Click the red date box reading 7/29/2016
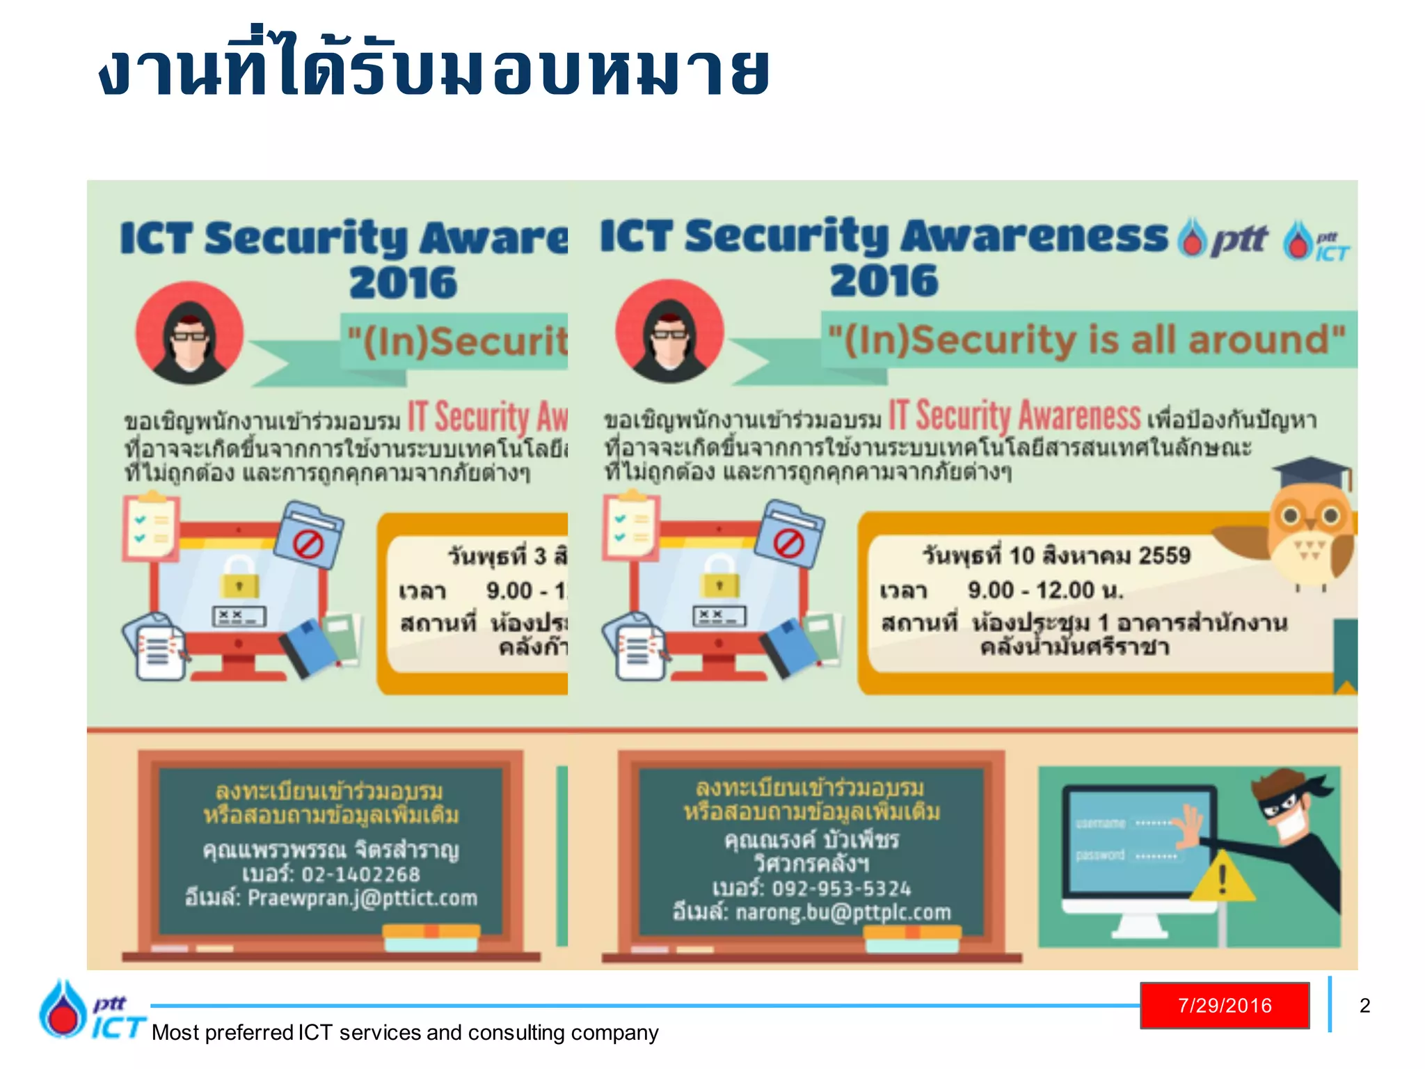pos(1224,1005)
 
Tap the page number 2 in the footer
pos(1364,1006)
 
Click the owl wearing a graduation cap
pos(1308,522)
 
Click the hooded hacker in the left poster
pos(189,334)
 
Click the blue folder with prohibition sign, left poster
pos(308,535)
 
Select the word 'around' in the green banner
pos(1265,340)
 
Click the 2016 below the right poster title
pos(884,281)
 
